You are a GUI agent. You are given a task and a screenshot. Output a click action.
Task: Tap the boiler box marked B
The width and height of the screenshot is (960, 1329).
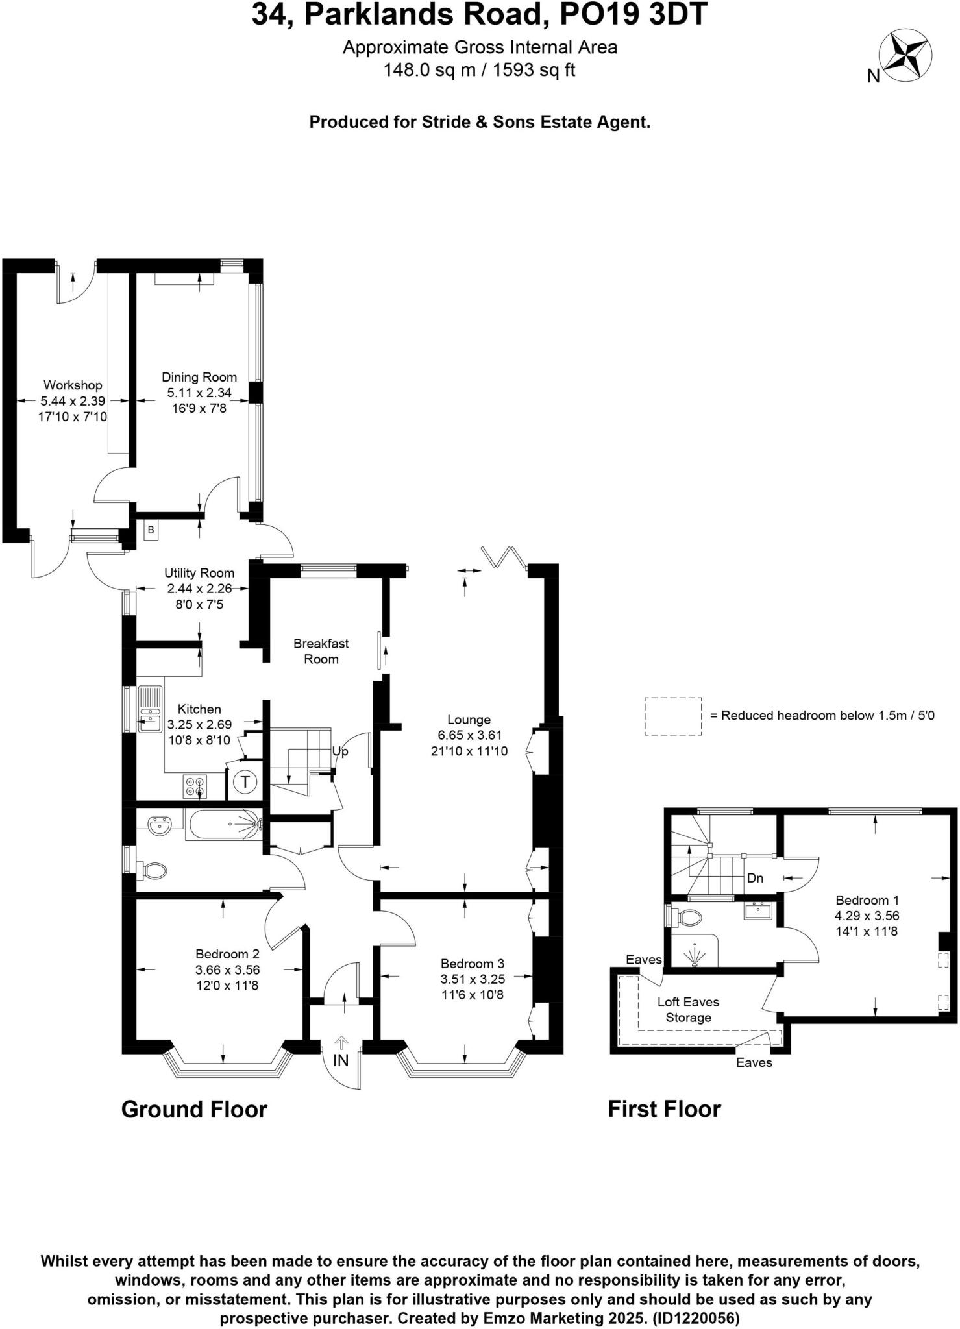151,530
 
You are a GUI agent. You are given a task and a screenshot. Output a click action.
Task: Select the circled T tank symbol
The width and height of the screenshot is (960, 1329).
245,782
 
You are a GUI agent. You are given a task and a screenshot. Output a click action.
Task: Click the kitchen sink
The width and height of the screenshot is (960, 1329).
150,709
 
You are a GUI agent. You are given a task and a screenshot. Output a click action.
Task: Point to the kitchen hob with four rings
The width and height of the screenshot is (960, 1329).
195,786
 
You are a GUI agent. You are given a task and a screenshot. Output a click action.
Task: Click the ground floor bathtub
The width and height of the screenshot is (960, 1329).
223,824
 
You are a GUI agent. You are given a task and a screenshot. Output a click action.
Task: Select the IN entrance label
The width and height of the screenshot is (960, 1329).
341,1061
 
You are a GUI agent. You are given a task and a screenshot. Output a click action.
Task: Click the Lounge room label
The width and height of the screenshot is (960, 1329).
469,720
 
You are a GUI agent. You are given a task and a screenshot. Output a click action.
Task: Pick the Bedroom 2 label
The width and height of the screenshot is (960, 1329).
227,954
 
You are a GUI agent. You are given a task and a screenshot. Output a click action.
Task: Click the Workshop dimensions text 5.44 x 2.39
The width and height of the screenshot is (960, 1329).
73,401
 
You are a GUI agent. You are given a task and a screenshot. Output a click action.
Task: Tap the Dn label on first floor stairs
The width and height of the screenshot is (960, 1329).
755,879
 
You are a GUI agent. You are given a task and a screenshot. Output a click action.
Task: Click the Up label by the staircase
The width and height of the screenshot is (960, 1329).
340,751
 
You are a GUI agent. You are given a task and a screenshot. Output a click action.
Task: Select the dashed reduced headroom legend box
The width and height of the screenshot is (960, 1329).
672,716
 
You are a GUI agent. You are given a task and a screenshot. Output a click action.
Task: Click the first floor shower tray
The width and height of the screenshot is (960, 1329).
694,951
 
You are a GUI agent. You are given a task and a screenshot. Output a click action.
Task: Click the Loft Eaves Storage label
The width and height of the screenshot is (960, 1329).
688,1010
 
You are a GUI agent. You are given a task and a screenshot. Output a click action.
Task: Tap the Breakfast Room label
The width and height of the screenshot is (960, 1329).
321,651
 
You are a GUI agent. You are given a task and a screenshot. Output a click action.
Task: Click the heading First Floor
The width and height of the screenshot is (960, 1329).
664,1109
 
